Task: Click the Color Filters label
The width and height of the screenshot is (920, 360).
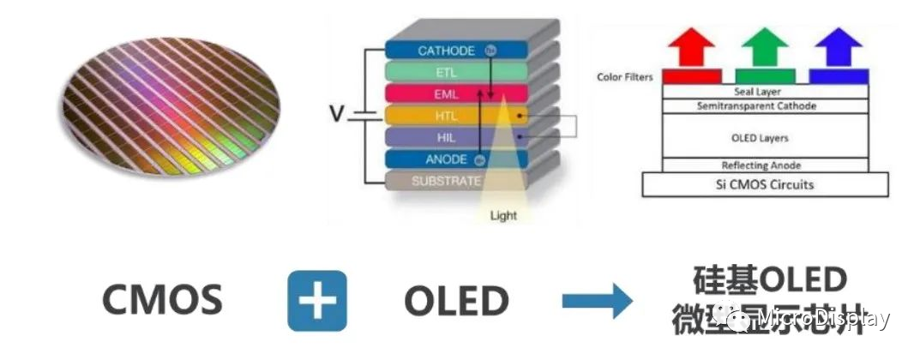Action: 624,77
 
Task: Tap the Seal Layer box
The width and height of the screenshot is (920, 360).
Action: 761,91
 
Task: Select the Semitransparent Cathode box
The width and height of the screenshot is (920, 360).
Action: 761,105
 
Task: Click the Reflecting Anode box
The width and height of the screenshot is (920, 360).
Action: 761,165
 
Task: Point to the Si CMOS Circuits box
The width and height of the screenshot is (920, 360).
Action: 765,184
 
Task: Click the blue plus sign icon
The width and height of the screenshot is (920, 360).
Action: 316,300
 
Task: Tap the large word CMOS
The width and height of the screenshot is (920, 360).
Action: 162,301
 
